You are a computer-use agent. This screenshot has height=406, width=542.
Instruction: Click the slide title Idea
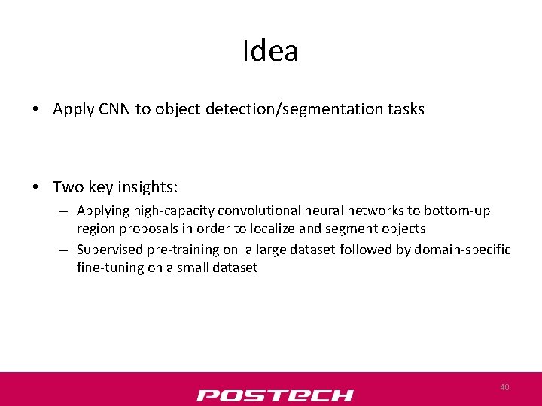coord(271,51)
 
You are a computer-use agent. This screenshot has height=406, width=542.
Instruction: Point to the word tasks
coord(406,109)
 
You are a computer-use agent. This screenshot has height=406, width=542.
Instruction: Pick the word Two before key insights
coord(68,186)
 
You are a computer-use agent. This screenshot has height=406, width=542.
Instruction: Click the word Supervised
coord(110,250)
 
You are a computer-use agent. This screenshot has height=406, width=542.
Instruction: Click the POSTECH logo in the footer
coord(275,395)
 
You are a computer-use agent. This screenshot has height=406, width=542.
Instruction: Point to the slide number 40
coord(504,387)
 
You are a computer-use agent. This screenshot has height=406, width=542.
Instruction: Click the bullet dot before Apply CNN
coord(35,110)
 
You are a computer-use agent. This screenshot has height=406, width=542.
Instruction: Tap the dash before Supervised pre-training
coord(65,250)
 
